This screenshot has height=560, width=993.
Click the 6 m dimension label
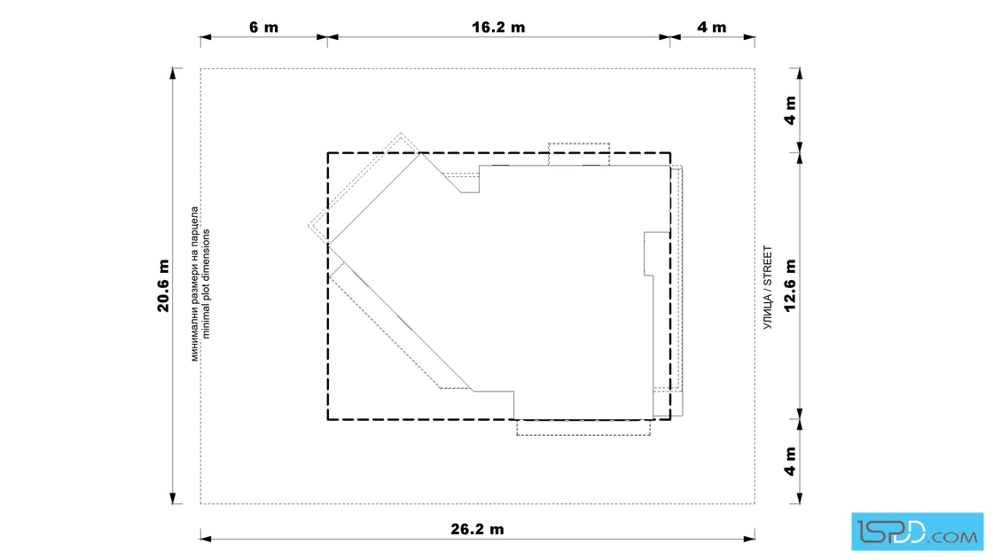click(263, 27)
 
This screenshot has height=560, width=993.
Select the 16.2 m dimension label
click(498, 27)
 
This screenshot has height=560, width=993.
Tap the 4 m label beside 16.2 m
click(712, 27)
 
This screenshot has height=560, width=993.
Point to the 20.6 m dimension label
click(163, 286)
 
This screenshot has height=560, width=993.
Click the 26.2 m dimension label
click(478, 529)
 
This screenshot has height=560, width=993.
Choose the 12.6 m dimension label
click(790, 286)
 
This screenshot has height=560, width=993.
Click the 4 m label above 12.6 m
click(790, 111)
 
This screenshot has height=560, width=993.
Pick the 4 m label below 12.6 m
click(790, 462)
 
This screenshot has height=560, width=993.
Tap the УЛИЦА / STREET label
click(768, 287)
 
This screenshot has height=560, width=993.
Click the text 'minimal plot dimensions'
click(205, 284)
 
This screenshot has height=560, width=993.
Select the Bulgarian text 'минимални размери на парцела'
click(194, 284)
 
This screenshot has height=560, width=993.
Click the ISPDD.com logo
click(917, 532)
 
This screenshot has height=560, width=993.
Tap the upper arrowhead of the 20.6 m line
click(172, 74)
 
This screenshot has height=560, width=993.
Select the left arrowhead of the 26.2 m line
click(206, 539)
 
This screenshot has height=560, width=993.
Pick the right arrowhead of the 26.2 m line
click(749, 539)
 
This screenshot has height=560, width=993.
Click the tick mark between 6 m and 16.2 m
click(327, 37)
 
